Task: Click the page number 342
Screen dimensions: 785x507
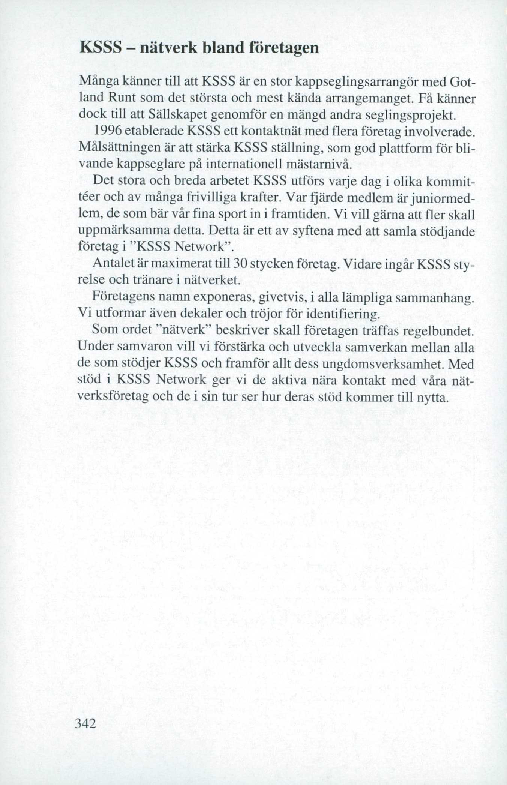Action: pos(86,723)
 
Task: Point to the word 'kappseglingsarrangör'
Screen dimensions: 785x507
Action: pos(362,82)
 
